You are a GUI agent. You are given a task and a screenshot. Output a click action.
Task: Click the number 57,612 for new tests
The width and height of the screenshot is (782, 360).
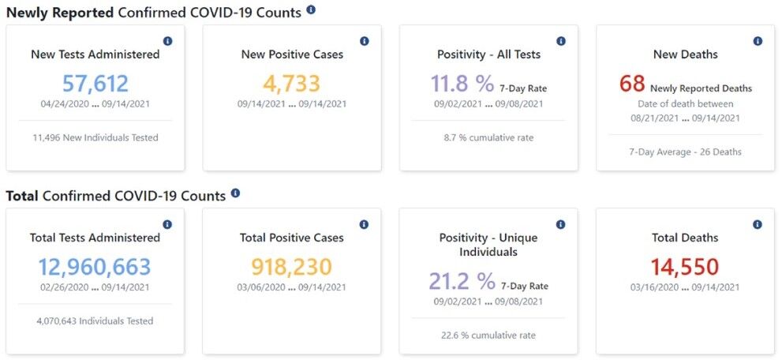pos(95,83)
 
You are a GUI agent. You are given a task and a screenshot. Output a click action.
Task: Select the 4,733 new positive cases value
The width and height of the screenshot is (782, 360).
pos(292,83)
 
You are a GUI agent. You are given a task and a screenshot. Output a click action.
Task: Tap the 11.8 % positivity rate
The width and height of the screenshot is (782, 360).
pos(462,84)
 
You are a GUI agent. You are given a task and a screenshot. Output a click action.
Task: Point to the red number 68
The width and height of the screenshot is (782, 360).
pos(632,84)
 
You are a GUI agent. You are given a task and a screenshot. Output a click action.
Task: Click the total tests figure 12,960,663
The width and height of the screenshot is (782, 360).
pos(95,266)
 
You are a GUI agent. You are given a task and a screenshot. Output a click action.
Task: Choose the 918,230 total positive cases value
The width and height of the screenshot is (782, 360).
pos(292,266)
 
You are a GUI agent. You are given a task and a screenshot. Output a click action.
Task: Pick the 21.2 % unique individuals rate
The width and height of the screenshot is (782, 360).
pos(462,280)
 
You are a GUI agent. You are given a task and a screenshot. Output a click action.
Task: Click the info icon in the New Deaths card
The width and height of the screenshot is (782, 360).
pos(758,41)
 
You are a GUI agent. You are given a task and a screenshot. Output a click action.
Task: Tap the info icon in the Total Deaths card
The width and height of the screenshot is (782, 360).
pos(758,224)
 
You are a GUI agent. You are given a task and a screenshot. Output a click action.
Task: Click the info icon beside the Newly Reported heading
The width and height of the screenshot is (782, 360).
pos(311,10)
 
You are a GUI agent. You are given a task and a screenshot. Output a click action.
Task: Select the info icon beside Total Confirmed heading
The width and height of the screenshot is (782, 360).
pos(235,193)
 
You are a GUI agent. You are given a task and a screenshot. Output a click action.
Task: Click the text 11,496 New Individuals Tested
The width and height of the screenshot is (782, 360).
pos(95,137)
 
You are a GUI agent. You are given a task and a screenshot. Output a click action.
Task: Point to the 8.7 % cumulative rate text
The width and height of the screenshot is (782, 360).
pos(488,137)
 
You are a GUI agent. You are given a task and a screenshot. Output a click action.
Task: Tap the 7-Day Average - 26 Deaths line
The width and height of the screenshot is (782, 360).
pos(685,152)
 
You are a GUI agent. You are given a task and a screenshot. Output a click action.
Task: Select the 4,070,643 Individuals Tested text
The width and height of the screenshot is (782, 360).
pos(95,321)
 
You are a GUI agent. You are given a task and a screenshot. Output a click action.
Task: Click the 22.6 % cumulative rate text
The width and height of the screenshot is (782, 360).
pos(488,335)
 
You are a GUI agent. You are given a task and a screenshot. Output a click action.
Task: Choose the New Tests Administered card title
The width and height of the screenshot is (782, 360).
pos(95,54)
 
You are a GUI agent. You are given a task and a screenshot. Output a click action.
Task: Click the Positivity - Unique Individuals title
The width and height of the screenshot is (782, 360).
pos(488,245)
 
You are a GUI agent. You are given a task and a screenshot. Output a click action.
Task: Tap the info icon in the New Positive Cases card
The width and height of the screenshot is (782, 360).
pos(364,41)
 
